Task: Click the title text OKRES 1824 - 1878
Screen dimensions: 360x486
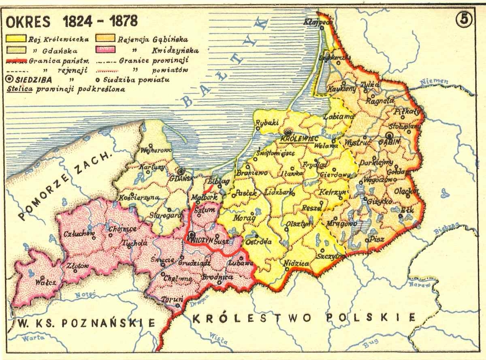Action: coord(71,21)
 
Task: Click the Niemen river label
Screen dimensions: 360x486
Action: coord(434,81)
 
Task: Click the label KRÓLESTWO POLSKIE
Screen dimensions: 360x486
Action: coord(303,318)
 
